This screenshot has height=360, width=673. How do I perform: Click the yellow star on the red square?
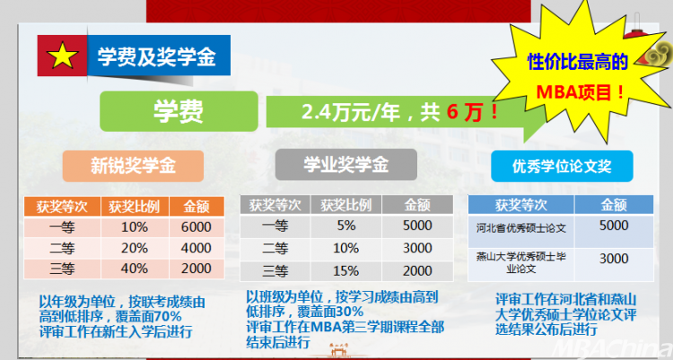62,56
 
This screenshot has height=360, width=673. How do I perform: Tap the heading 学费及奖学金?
157,57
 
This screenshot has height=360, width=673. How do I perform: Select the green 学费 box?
179,111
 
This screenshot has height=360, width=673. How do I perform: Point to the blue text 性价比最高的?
577,62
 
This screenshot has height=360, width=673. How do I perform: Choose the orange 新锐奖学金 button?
133,166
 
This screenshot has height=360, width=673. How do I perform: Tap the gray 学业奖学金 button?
346,164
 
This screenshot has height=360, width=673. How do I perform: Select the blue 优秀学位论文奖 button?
562,166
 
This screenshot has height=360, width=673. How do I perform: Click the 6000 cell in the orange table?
197,227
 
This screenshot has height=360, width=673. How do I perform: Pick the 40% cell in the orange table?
135,268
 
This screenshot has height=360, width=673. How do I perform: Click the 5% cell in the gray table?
346,225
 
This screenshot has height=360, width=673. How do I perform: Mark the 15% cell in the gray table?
346,271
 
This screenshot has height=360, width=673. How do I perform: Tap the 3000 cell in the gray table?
417,249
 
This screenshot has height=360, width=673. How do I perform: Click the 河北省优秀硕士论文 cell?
521,228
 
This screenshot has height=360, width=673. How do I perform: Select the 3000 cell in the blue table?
614,259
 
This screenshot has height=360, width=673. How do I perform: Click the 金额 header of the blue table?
614,205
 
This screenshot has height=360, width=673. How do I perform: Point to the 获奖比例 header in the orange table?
135,206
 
